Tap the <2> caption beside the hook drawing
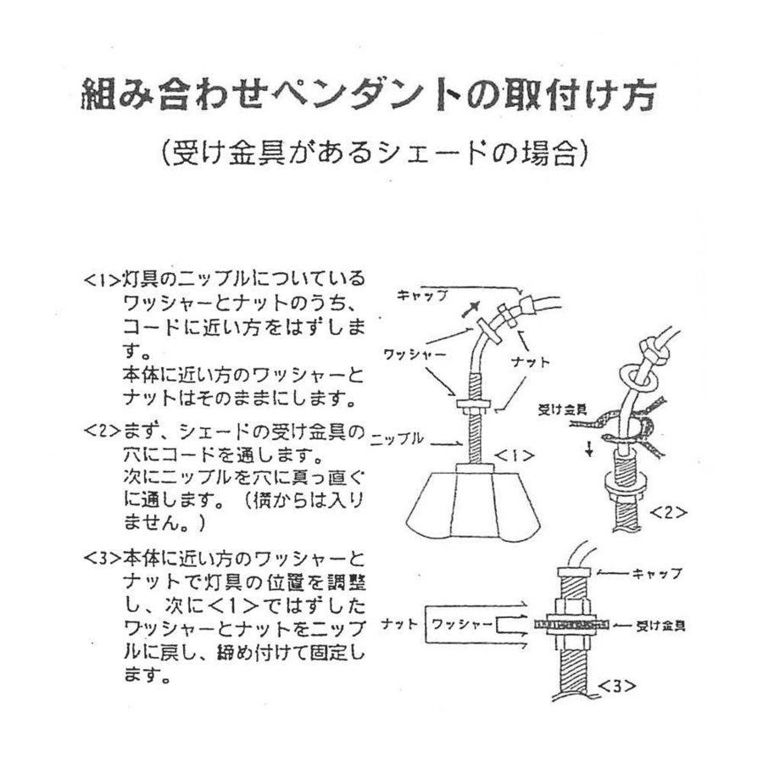[667, 512]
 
